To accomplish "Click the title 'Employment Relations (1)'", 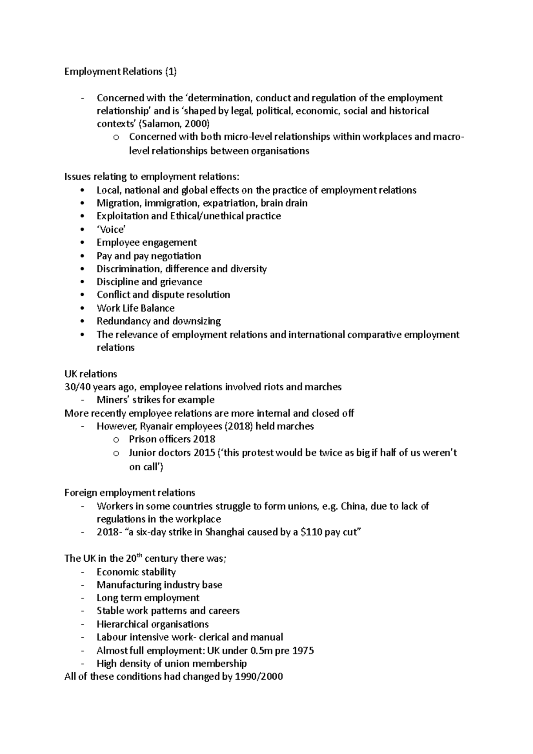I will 120,71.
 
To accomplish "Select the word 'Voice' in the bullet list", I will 111,229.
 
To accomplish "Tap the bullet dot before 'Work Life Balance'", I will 83,308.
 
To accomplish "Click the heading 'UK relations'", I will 91,374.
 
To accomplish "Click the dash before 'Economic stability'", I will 83,572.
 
